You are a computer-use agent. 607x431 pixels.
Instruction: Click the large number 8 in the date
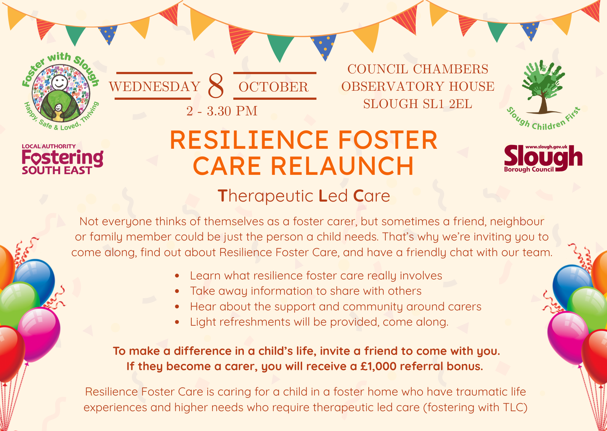[x=216, y=86]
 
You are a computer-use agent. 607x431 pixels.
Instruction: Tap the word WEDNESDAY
[x=155, y=87]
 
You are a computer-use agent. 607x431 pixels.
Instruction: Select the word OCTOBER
[x=274, y=87]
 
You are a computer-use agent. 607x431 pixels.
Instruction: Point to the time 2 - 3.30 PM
[x=222, y=111]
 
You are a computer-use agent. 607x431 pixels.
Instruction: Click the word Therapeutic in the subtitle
[x=266, y=196]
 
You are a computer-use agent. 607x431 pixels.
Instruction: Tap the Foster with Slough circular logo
[x=61, y=92]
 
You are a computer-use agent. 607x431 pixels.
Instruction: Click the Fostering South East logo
[x=63, y=159]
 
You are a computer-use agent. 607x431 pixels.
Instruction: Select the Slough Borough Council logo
[x=543, y=158]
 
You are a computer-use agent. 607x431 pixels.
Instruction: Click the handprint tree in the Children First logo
[x=543, y=87]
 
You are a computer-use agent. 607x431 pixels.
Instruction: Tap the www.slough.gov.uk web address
[x=546, y=147]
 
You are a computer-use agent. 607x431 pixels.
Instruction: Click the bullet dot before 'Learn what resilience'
[x=177, y=276]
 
